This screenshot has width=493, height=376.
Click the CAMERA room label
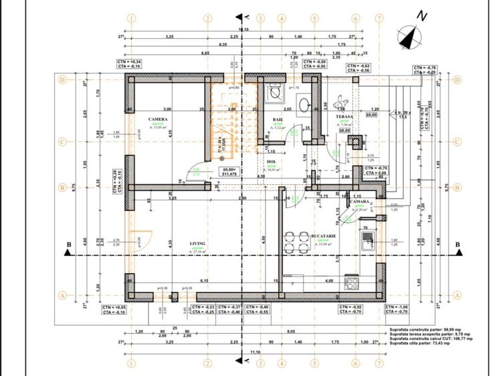(x=158, y=120)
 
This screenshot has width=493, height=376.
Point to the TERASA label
(x=344, y=116)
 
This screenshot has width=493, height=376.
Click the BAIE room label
(x=277, y=120)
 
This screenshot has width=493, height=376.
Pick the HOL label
(x=272, y=161)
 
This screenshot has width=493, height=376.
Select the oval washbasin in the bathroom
(x=303, y=104)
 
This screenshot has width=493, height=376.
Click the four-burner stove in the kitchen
(x=351, y=283)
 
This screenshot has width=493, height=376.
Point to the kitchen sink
(x=367, y=238)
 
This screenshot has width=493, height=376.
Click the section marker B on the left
(x=68, y=246)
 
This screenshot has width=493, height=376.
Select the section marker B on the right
(x=457, y=245)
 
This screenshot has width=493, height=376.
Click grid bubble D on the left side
(x=63, y=79)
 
